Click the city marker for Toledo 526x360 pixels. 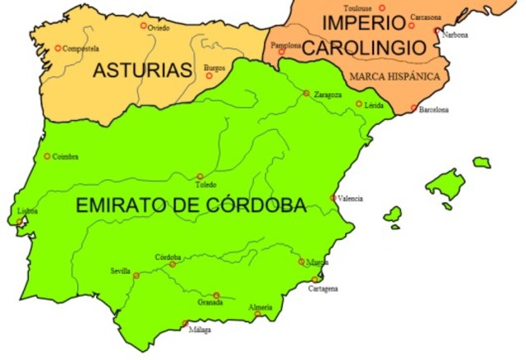[x=200, y=176]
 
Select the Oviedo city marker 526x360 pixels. [x=144, y=25]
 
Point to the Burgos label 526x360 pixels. [x=215, y=67]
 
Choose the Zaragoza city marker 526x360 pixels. [x=306, y=93]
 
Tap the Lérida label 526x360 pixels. [x=375, y=106]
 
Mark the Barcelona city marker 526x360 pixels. [x=414, y=108]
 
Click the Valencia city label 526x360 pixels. [x=350, y=198]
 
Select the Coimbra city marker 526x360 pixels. [x=47, y=156]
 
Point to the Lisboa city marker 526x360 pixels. [x=20, y=221]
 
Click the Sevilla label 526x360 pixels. [x=120, y=270]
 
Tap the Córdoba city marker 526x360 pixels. [x=172, y=264]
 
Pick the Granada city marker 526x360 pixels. [x=216, y=295]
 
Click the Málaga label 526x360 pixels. [x=199, y=330]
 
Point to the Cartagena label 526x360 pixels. [x=323, y=289]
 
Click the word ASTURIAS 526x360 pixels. [x=141, y=71]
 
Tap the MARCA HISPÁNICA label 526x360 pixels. [x=394, y=76]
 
